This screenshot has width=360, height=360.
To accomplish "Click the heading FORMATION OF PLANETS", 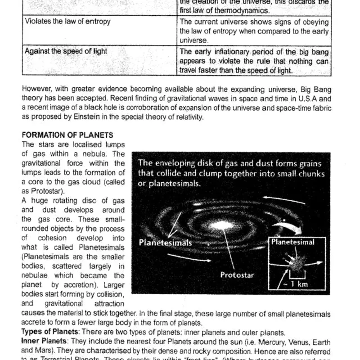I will point(67,135).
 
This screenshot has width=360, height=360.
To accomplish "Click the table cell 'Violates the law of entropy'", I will point(67,22).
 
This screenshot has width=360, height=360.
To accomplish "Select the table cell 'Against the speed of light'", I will point(66,51).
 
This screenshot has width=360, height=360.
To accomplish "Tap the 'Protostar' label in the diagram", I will point(237,274).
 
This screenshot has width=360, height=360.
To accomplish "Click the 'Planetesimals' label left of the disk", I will point(165,243).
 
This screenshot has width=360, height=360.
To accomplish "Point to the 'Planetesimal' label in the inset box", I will point(292,242).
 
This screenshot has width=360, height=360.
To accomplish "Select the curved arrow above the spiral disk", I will point(279,198).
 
